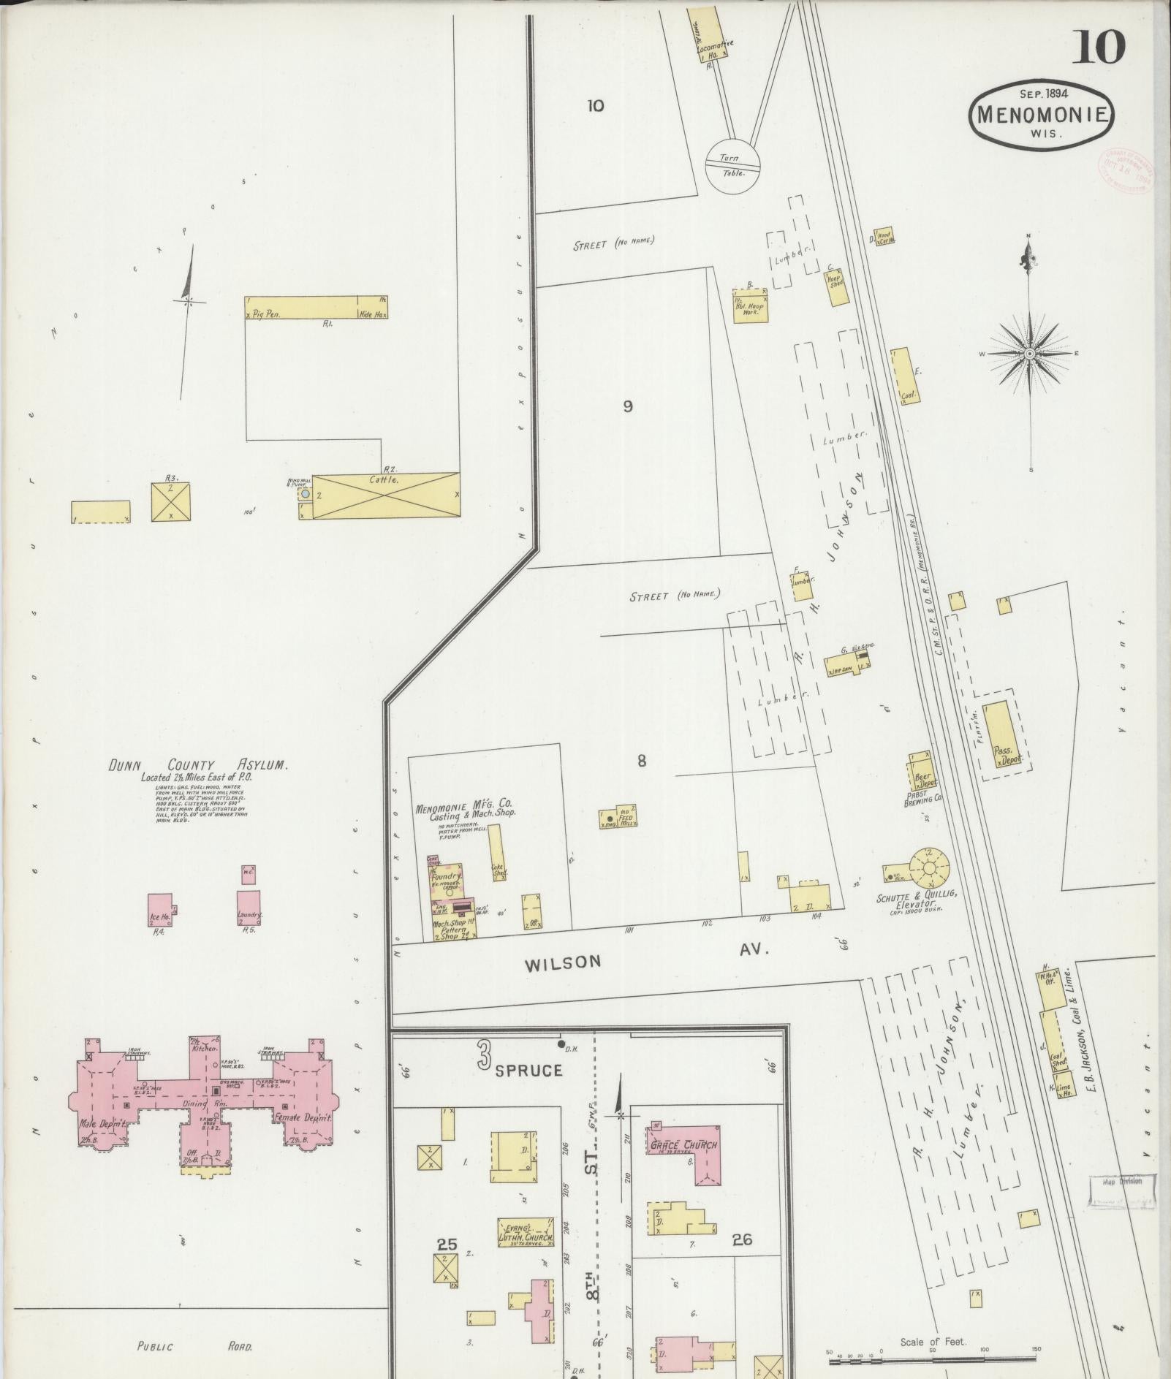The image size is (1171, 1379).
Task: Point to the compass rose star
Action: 1029,354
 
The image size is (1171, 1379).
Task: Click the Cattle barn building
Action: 387,495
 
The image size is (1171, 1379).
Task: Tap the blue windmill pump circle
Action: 305,495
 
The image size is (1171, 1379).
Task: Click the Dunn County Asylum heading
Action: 198,765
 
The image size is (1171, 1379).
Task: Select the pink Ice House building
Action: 161,909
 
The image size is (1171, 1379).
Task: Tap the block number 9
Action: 627,407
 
